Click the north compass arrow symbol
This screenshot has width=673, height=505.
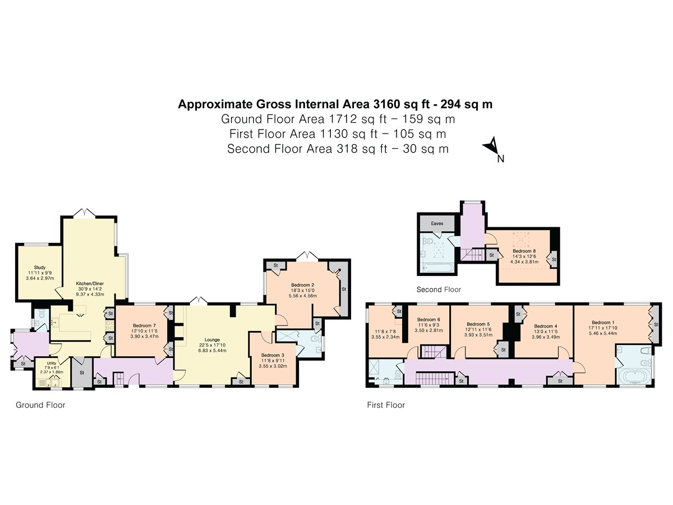click(x=491, y=147)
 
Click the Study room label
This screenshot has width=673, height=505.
click(x=39, y=268)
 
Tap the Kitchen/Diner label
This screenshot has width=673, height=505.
click(x=90, y=284)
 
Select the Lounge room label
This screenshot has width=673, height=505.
click(x=212, y=339)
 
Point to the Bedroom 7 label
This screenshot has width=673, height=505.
click(x=144, y=325)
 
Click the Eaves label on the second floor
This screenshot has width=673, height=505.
click(x=437, y=223)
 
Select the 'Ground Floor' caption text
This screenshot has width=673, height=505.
click(x=40, y=405)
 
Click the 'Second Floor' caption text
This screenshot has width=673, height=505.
click(x=439, y=290)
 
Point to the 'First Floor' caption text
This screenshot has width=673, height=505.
click(x=386, y=405)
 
